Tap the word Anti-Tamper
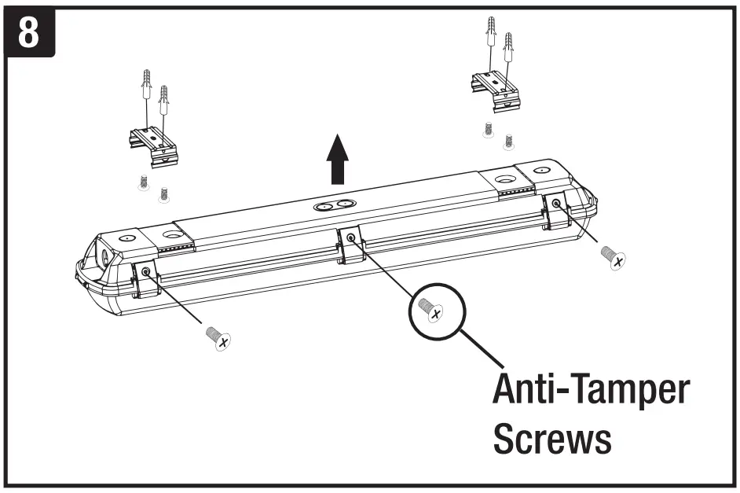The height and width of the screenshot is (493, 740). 590,391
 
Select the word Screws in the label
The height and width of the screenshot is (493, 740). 551,440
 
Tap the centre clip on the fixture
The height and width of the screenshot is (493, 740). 350,245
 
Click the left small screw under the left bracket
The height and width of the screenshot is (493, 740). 143,182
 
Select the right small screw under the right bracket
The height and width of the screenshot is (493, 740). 508,138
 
